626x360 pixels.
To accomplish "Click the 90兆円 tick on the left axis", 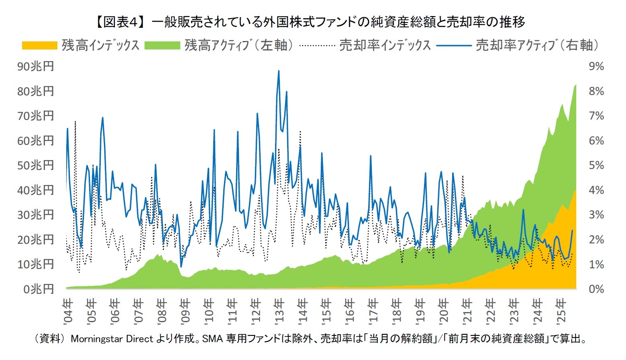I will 35,66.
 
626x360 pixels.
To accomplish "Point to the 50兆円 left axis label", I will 35,165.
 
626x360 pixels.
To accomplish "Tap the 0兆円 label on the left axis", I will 38,289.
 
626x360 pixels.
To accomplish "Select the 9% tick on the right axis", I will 596,66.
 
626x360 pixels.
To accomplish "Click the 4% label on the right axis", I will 596,190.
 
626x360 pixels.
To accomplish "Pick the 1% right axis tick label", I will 596,265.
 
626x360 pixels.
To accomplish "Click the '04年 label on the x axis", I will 68,311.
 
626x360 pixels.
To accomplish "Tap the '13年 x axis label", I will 279,311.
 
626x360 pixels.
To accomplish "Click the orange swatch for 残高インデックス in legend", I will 39,45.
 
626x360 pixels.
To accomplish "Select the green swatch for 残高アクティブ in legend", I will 162,45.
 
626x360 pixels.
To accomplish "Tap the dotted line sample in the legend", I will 317,45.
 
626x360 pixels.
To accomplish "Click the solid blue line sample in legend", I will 454,45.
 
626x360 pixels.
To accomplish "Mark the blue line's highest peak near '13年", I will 279,71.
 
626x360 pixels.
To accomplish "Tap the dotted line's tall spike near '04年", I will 75,121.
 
